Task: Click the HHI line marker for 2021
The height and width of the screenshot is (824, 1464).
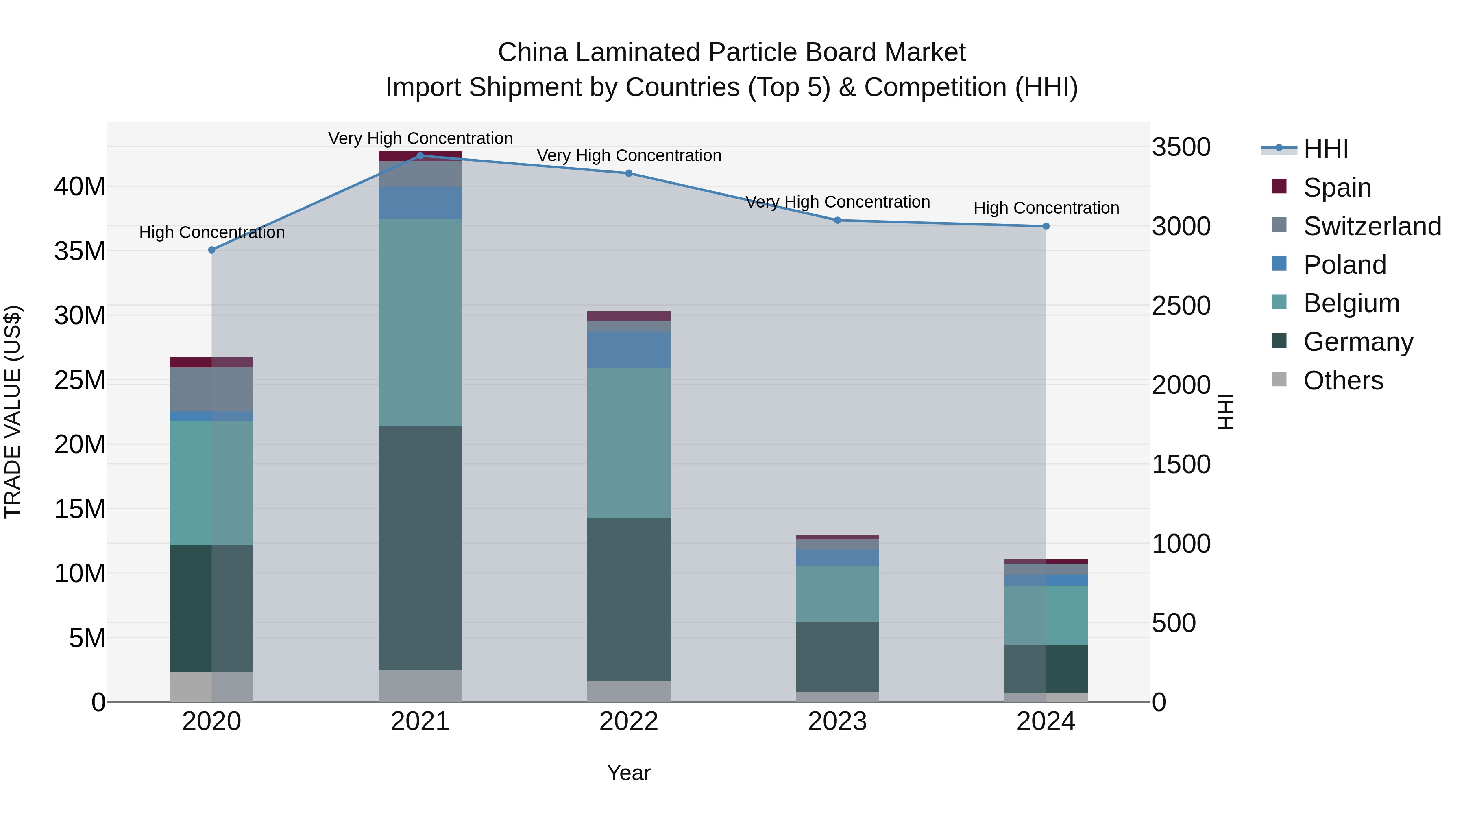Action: point(420,155)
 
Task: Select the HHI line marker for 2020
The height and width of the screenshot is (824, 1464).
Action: point(211,250)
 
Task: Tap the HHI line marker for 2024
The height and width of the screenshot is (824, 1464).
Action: point(1046,226)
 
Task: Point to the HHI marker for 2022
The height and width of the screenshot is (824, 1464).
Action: point(629,173)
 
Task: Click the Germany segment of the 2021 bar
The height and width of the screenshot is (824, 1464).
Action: point(420,548)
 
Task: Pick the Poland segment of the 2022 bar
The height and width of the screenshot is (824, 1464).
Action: point(629,349)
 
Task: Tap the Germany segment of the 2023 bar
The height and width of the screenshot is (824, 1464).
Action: point(837,656)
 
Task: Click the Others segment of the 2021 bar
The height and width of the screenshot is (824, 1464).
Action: point(420,685)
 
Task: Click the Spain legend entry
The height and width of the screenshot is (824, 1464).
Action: point(1337,187)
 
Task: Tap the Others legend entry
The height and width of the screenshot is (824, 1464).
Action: point(1342,380)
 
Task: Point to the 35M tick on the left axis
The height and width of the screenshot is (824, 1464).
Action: point(80,251)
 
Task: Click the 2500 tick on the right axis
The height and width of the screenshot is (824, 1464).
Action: point(1181,305)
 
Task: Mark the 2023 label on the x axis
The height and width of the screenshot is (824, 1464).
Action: point(837,721)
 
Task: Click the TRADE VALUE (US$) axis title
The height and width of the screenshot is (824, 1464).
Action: point(13,412)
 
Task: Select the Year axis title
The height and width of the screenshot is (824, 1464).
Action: point(629,773)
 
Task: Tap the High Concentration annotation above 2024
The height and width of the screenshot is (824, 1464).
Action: point(1046,208)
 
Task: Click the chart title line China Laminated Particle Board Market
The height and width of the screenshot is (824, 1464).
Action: point(732,52)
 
